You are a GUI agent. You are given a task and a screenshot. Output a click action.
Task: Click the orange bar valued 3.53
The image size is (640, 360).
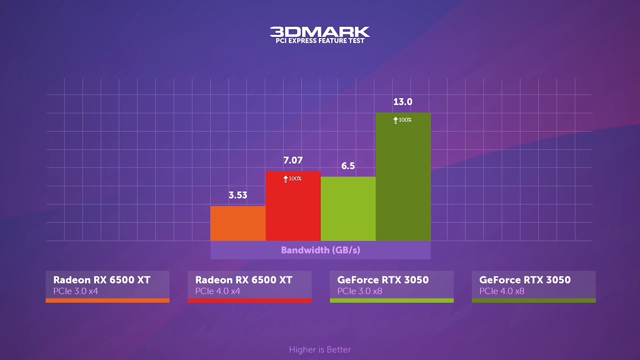point(238,223)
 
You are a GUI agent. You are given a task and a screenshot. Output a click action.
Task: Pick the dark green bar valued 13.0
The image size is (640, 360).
point(403,180)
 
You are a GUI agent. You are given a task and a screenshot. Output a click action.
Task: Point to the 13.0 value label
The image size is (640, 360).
point(403,102)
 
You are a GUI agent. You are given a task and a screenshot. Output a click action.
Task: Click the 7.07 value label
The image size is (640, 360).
point(293,160)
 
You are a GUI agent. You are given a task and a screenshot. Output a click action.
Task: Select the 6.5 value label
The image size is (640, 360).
point(348,166)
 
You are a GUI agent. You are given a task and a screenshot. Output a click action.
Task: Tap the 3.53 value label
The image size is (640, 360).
point(238,195)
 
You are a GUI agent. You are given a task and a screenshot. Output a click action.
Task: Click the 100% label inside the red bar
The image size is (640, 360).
point(295,178)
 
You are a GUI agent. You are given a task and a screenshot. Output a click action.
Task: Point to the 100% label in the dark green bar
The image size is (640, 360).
point(405,120)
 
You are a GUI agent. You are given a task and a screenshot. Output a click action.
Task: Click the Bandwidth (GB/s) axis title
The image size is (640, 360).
point(320,250)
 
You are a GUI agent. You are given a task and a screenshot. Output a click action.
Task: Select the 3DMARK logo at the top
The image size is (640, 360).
point(320,32)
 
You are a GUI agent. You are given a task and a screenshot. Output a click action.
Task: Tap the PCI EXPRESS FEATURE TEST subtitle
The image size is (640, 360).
point(320,41)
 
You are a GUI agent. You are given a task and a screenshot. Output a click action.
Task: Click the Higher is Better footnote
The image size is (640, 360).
point(320,350)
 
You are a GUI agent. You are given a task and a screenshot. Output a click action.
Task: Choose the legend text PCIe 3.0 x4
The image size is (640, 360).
point(76,291)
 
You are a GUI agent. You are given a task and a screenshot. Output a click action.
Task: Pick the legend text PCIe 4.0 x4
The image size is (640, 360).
point(218,291)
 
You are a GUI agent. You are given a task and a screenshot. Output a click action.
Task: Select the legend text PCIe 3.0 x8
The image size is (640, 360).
point(360,291)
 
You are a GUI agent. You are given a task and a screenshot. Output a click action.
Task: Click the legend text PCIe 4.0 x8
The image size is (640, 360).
point(502,291)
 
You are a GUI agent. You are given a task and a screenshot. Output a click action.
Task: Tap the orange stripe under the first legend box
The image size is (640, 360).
point(108,300)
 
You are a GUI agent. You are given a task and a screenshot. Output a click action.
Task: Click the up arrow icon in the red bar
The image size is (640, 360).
point(286,179)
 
